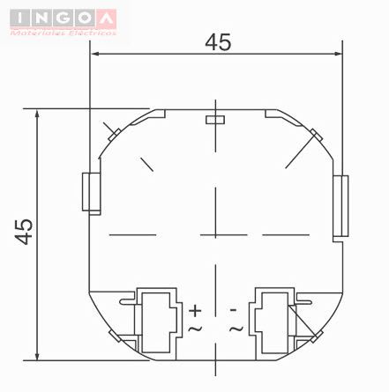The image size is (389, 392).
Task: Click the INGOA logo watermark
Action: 61,18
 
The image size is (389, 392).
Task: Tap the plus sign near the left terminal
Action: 196,310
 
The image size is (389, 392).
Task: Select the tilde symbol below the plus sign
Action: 196,328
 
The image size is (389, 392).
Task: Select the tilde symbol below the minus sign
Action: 236,328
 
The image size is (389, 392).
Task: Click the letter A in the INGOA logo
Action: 105,15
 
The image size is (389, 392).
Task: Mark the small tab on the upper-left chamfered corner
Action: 112,132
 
